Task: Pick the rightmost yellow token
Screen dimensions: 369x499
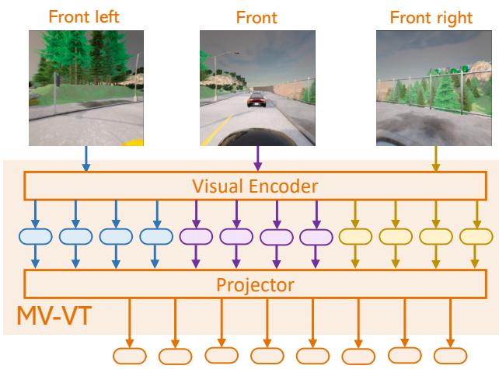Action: (476, 236)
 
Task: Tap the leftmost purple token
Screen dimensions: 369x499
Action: (194, 236)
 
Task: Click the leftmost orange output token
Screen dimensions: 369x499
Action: (129, 354)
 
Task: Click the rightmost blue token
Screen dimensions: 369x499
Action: (157, 236)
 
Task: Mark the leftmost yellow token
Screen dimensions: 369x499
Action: (355, 236)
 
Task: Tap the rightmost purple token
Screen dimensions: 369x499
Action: (316, 236)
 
